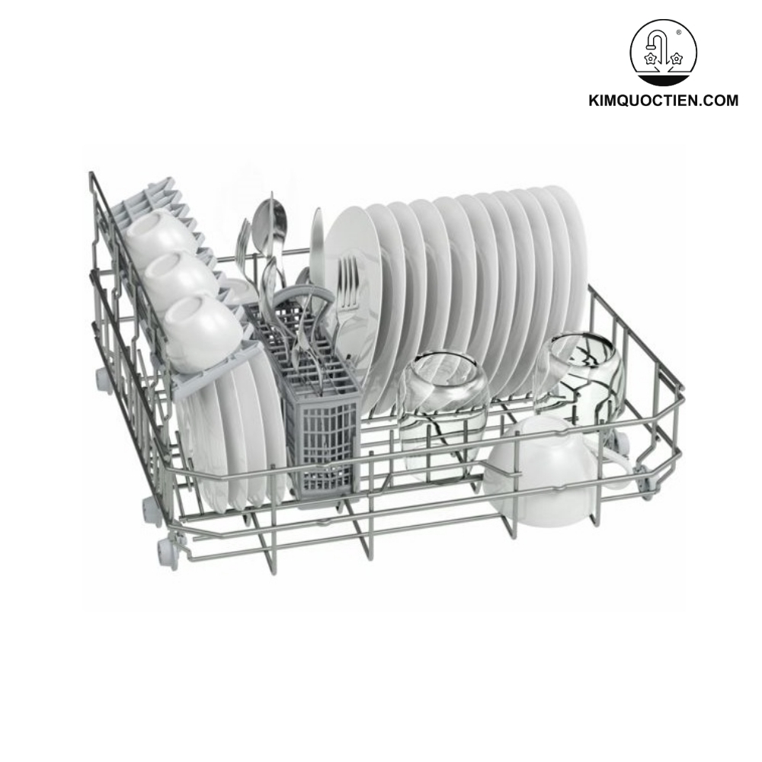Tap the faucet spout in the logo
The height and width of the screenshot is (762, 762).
click(x=656, y=39)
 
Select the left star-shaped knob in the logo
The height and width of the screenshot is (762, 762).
click(x=650, y=58)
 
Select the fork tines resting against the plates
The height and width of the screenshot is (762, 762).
click(x=347, y=274)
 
